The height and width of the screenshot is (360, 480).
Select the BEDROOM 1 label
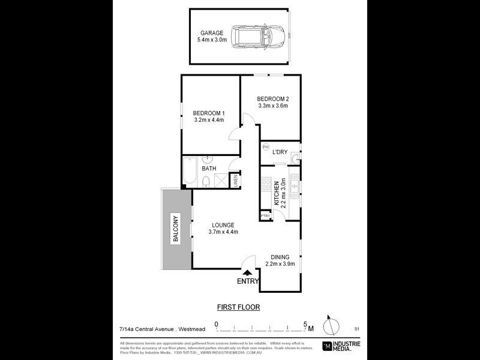(209, 113)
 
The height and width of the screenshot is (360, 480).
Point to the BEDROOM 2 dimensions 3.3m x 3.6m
(273, 106)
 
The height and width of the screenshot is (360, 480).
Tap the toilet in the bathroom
(206, 181)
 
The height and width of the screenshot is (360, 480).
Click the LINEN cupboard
(236, 179)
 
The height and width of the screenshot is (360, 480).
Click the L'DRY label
(280, 152)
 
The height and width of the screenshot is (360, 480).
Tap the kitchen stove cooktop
(266, 186)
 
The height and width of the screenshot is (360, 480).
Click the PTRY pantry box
(264, 215)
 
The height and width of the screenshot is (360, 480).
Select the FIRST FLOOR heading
(238, 307)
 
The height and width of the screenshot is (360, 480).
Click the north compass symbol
(329, 327)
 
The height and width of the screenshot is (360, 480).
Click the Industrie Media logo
(343, 345)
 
